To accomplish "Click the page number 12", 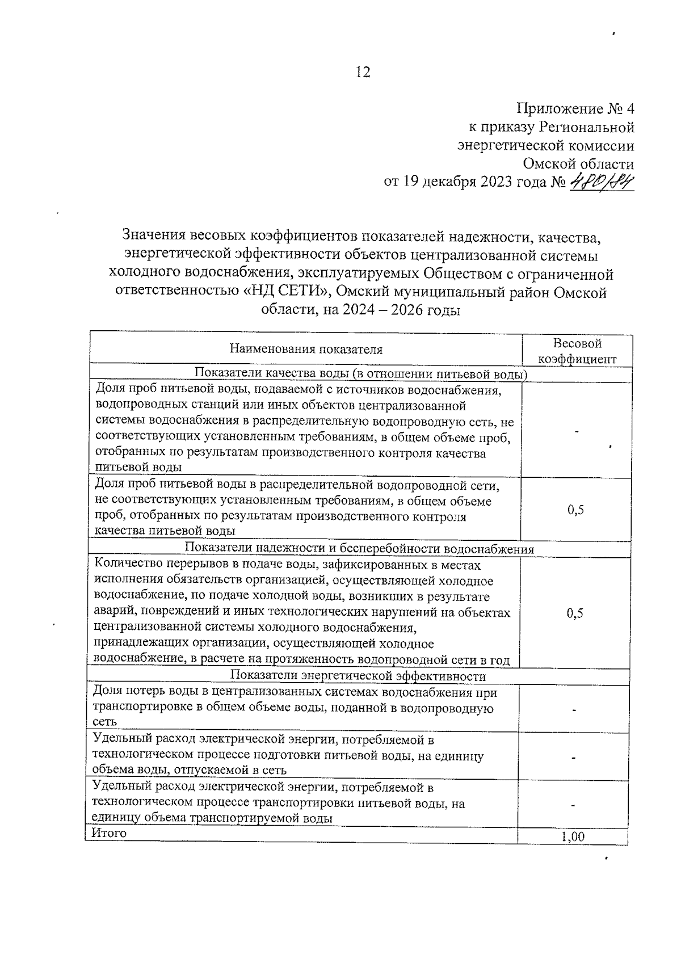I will pyautogui.click(x=363, y=72).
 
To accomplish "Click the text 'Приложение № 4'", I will pyautogui.click(x=575, y=108).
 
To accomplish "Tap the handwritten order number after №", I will pyautogui.click(x=601, y=183).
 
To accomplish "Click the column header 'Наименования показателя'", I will pyautogui.click(x=306, y=350).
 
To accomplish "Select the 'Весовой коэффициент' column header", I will pyautogui.click(x=577, y=351).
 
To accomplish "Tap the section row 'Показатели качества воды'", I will pyautogui.click(x=361, y=374).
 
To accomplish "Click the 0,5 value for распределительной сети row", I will pyautogui.click(x=575, y=510).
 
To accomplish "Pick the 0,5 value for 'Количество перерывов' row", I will pyautogui.click(x=575, y=613).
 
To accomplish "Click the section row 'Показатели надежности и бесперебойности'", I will pyautogui.click(x=360, y=549).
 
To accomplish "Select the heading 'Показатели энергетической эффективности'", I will pyautogui.click(x=359, y=676).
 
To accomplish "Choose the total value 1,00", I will pyautogui.click(x=573, y=837).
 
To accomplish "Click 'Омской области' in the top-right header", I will pyautogui.click(x=578, y=164).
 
